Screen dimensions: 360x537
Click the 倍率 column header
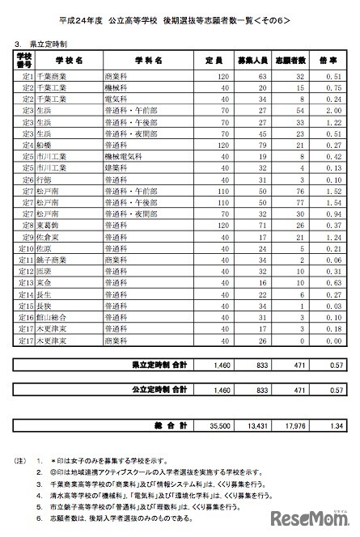point(328,60)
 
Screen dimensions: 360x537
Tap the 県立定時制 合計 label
point(160,366)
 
